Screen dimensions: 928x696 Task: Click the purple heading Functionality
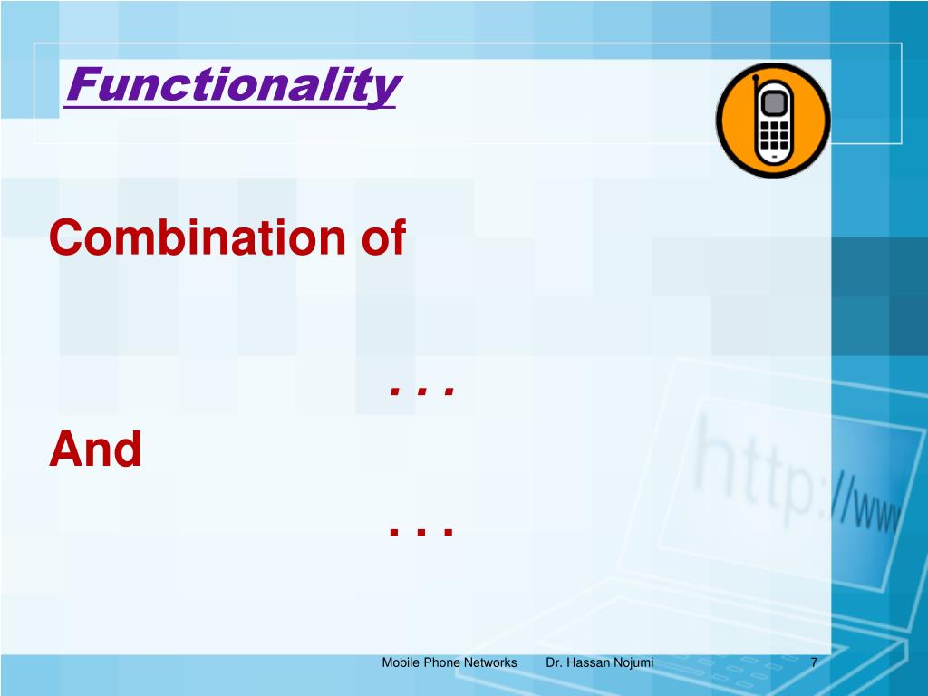[x=234, y=85]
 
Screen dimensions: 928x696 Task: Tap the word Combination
[x=197, y=237]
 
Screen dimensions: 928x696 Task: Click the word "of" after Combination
[x=383, y=237]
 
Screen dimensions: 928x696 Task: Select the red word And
[x=95, y=449]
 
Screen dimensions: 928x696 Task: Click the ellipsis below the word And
[x=422, y=530]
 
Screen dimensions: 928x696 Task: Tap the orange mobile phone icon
[x=773, y=121]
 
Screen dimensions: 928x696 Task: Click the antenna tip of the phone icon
[x=755, y=77]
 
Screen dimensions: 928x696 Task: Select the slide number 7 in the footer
[x=815, y=662]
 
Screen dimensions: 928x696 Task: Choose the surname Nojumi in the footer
[x=633, y=662]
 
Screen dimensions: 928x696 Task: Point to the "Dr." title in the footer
[x=554, y=662]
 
